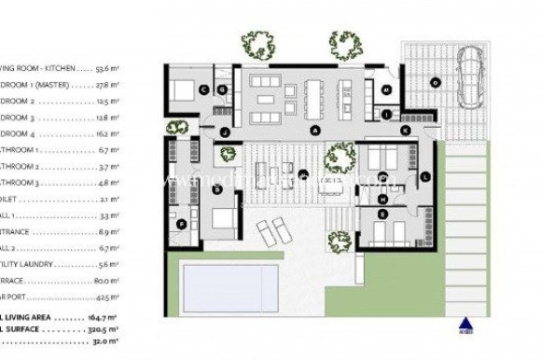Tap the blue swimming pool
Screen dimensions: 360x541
pyautogui.click(x=230, y=287)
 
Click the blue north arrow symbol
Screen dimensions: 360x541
pyautogui.click(x=465, y=325)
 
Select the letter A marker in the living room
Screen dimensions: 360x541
pyautogui.click(x=315, y=131)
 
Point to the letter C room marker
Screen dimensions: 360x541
pyautogui.click(x=202, y=90)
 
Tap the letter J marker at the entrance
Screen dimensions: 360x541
pyautogui.click(x=224, y=132)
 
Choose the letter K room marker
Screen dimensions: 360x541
pyautogui.click(x=405, y=132)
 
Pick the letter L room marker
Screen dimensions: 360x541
pyautogui.click(x=424, y=176)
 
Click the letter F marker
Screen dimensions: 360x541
pyautogui.click(x=180, y=223)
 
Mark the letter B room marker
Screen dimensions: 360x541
pyautogui.click(x=216, y=189)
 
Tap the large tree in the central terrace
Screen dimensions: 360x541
pyautogui.click(x=340, y=158)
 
